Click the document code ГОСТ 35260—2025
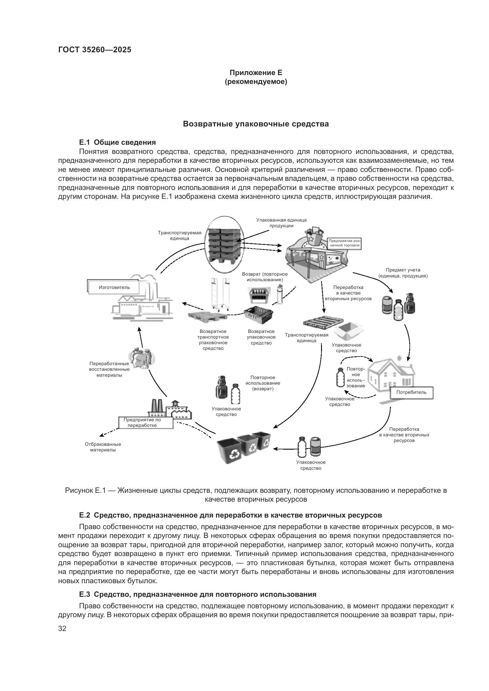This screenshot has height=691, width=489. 95,50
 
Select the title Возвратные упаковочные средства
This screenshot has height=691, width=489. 256,124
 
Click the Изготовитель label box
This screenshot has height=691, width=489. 114,287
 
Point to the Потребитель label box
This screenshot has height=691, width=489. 411,392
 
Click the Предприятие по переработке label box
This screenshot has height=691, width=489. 146,422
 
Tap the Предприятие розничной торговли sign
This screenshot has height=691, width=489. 344,243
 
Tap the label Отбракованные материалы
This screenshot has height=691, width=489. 103,447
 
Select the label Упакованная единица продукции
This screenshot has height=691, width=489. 281,223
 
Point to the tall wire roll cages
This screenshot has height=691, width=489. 220,294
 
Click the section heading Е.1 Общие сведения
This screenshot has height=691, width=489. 117,142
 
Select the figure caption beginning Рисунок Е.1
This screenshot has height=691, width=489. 256,495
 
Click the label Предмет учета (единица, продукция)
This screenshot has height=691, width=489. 403,273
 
